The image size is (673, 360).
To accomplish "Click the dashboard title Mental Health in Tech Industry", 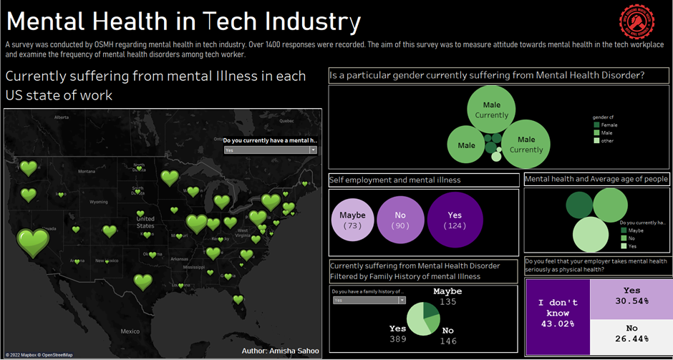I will (183, 22).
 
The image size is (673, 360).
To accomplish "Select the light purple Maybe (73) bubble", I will (352, 220).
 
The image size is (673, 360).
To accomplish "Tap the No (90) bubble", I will (400, 220).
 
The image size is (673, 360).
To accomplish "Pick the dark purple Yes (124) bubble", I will (455, 220).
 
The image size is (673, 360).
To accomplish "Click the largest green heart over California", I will (33, 243).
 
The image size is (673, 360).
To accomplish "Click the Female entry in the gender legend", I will (609, 125).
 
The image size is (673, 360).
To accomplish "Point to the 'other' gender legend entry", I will (607, 140).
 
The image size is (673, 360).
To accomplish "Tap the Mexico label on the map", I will (130, 331).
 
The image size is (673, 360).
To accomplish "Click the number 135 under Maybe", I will (447, 302).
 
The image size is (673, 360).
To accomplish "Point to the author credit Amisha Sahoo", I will (283, 351).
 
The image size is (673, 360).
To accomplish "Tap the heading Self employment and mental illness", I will (395, 180).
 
